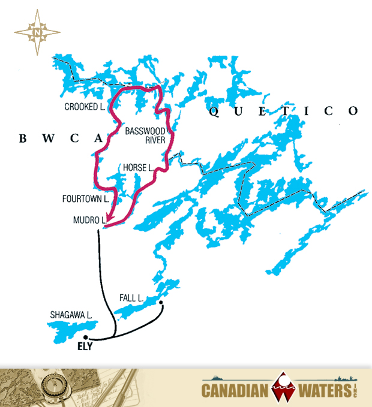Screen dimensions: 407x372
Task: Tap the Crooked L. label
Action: pos(85,107)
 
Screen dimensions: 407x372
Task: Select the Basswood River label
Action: pos(142,136)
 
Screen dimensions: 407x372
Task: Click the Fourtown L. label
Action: pos(85,198)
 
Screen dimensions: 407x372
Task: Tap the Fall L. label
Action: pos(130,298)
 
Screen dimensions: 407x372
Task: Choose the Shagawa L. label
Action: pos(71,315)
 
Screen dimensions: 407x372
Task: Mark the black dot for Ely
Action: pos(86,337)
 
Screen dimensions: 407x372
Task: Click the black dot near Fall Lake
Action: pos(161,303)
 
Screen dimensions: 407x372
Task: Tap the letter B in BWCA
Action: pos(23,139)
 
